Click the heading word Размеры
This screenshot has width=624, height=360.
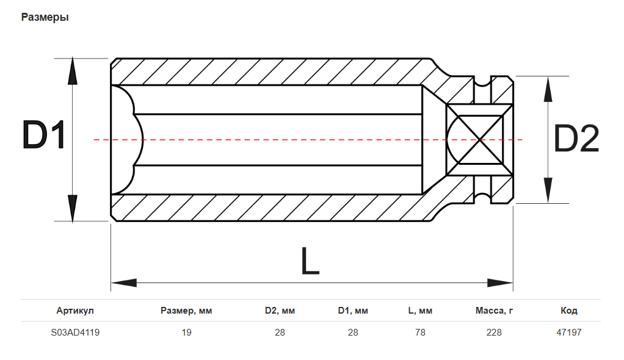pyautogui.click(x=45, y=17)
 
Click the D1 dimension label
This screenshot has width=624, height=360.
pyautogui.click(x=43, y=135)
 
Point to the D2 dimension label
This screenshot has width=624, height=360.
pyautogui.click(x=576, y=139)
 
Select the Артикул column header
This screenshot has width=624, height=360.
pyautogui.click(x=75, y=311)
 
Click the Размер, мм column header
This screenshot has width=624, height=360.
pyautogui.click(x=186, y=311)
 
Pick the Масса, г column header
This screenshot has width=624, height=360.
pyautogui.click(x=494, y=311)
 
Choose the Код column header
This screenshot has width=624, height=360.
pyautogui.click(x=569, y=311)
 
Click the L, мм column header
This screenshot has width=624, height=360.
pyautogui.click(x=420, y=311)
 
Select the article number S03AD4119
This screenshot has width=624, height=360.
pyautogui.click(x=75, y=333)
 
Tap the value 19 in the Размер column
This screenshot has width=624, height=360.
pyautogui.click(x=186, y=333)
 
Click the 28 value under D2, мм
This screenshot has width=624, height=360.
pyautogui.click(x=280, y=333)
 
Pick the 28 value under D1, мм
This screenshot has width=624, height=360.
pyautogui.click(x=353, y=333)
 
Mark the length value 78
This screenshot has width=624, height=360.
pyautogui.click(x=420, y=333)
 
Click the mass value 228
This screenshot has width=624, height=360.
pyautogui.click(x=494, y=333)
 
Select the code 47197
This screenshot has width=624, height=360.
pyautogui.click(x=569, y=333)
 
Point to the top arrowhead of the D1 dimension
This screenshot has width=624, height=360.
pyautogui.click(x=73, y=73)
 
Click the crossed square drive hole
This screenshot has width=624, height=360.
pyautogui.click(x=480, y=140)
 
